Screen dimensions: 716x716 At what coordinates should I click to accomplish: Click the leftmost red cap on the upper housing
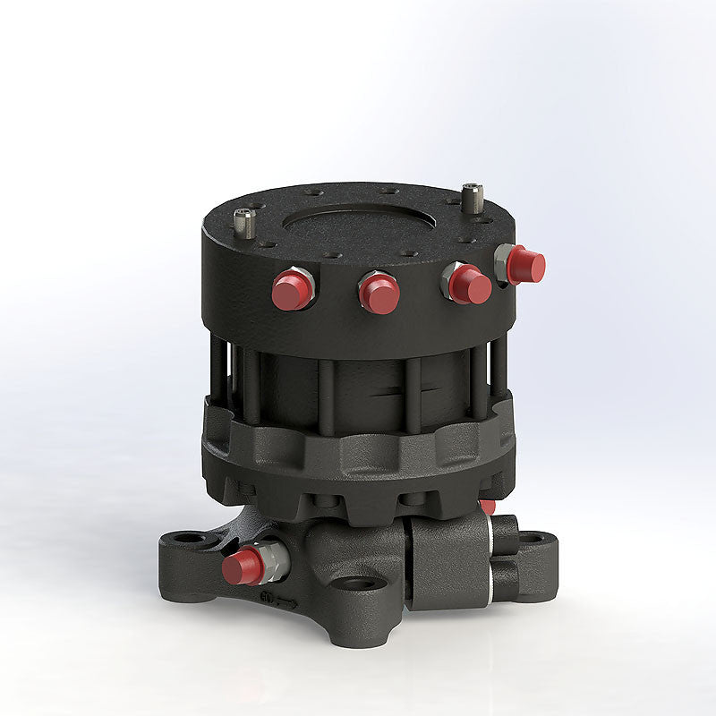point(290,291)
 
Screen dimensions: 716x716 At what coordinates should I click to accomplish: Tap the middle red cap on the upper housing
point(379,294)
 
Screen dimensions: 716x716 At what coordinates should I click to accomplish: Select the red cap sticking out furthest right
point(525,265)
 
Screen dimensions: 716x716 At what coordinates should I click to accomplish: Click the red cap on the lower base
point(241,566)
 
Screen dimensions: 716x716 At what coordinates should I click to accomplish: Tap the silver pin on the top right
point(473,196)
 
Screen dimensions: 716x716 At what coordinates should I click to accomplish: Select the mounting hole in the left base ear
point(190,540)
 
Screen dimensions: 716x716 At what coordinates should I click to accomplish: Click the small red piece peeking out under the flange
point(488,507)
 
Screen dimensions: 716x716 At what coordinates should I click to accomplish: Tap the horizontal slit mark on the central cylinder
point(390,390)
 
